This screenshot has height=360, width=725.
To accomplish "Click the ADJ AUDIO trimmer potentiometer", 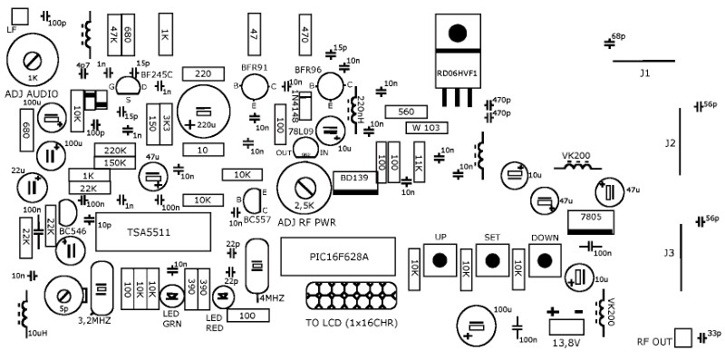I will click(33, 61).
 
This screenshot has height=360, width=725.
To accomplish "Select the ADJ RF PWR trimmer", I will click(306, 189).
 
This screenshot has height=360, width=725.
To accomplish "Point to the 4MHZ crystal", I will click(257, 265).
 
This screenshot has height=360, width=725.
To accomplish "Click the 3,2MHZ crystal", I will click(101, 288).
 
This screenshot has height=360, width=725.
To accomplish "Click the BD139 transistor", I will click(353, 178).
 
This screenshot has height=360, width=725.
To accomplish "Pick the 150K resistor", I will click(115, 163).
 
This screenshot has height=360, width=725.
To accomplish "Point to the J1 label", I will click(644, 72).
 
